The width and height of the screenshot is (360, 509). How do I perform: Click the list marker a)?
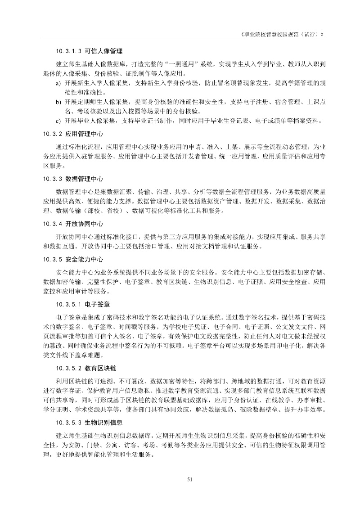(58, 84)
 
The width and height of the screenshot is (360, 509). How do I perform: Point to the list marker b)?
(58, 102)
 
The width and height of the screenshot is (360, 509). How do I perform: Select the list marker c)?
(58, 121)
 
